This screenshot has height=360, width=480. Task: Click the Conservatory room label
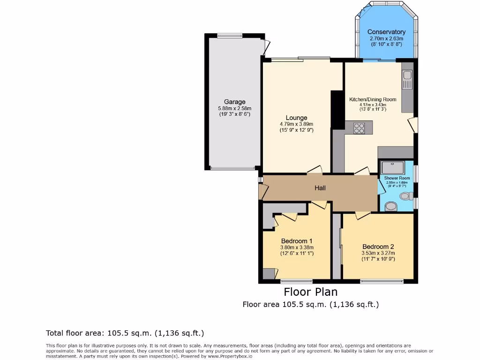click(x=386, y=32)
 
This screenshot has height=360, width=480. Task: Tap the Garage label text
click(x=234, y=102)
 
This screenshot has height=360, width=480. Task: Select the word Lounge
click(x=296, y=118)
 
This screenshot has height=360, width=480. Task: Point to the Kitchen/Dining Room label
click(x=373, y=99)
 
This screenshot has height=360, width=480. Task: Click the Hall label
click(x=320, y=188)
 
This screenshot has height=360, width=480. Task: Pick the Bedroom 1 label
click(x=297, y=241)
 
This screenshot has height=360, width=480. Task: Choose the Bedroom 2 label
click(x=378, y=247)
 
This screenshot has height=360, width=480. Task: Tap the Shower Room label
click(x=397, y=178)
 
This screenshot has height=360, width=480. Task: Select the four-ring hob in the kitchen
click(x=359, y=128)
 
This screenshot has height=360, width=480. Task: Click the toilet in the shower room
click(x=406, y=196)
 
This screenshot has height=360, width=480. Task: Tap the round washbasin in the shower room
click(x=391, y=206)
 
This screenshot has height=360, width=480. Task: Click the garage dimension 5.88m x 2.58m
click(x=234, y=109)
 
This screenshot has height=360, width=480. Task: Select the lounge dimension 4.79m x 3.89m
click(x=296, y=124)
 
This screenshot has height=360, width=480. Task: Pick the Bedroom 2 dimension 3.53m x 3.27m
click(x=378, y=253)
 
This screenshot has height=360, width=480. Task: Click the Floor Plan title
click(x=311, y=292)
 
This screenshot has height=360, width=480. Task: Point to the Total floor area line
click(x=125, y=333)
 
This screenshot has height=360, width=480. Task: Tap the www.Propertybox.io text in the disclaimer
click(x=230, y=356)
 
